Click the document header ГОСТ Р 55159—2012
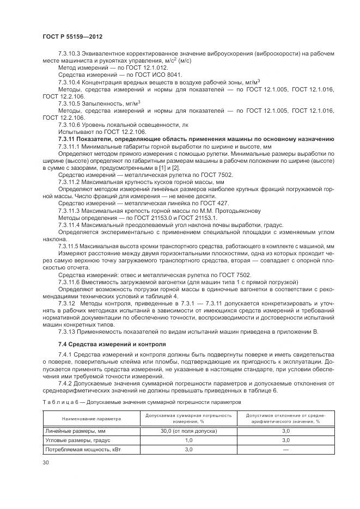72,36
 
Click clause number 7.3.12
69,303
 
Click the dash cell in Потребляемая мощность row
285,450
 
